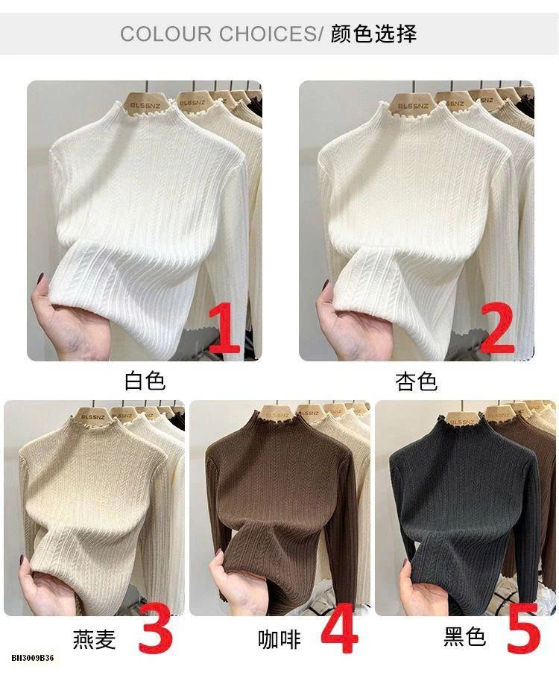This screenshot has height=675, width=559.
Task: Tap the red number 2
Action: tap(498, 328)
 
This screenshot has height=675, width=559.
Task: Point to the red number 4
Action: tap(340, 629)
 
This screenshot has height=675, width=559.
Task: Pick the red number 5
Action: tap(523, 630)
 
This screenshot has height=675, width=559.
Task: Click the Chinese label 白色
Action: tap(145, 381)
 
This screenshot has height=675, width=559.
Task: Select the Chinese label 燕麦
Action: tap(95, 638)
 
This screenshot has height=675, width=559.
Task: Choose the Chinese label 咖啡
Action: tap(279, 638)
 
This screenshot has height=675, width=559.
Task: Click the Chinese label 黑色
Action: tap(464, 637)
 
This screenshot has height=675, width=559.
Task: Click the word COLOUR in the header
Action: tap(165, 34)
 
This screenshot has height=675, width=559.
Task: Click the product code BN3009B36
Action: tap(33, 658)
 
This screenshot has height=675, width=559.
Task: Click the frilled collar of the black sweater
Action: tap(464, 424)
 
